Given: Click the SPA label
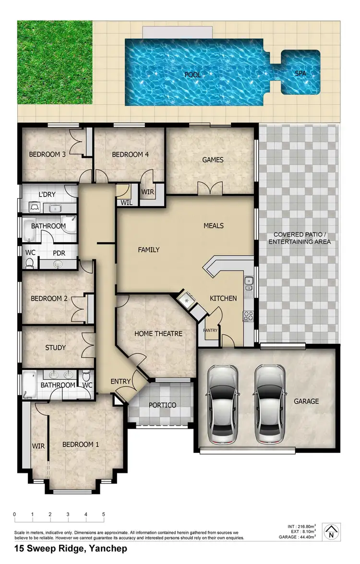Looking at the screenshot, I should click(300, 74).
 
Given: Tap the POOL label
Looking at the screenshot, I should click(193, 75).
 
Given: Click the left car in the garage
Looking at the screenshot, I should click(222, 404).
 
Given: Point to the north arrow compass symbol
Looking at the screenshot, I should click(331, 531).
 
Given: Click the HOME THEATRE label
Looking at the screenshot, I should click(158, 333).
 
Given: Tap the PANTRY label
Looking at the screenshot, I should click(210, 330).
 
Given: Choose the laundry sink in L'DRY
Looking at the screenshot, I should click(56, 209).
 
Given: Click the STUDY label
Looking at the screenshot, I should click(55, 348).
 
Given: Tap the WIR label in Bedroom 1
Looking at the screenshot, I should click(38, 446).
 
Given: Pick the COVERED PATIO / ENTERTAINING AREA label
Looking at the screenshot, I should click(300, 238).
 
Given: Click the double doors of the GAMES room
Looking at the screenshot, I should click(210, 189).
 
